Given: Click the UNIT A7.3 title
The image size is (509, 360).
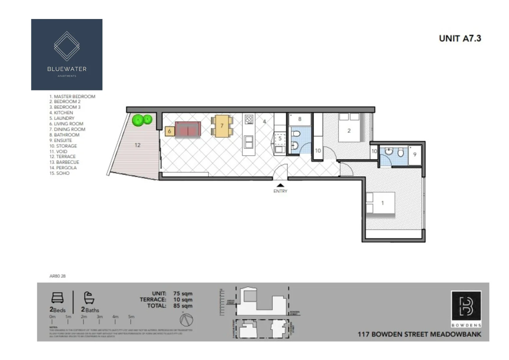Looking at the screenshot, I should click(460, 38).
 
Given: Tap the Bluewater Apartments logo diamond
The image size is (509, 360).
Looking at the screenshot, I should click(67, 46).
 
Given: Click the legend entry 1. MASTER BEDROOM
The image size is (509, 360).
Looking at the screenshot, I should click(72, 96).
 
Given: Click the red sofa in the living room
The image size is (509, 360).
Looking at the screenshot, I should click(188, 129).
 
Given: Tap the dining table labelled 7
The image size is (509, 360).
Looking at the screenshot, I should click(222, 126).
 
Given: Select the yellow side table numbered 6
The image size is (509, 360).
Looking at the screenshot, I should click(169, 131).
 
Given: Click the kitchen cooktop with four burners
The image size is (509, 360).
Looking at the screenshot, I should click(249, 119).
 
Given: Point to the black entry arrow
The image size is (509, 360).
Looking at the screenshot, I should click(280, 185).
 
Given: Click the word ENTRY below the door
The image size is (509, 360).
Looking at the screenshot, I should click(280, 191).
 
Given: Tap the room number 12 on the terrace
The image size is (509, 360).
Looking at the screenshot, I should click(137, 145).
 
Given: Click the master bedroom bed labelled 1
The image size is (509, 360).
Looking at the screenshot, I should click(380, 203).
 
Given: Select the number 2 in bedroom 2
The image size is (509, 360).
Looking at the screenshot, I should click(349, 131).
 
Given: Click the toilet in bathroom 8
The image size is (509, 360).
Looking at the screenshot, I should click(295, 134).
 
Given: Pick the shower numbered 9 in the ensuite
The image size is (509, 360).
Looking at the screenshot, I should click(414, 155).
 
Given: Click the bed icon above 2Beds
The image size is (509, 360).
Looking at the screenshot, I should click(57, 298).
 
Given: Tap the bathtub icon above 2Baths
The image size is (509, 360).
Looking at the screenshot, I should click(89, 298).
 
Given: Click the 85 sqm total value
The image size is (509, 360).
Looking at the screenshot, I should click(183, 306).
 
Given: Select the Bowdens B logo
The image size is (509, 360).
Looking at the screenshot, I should click(466, 306).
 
